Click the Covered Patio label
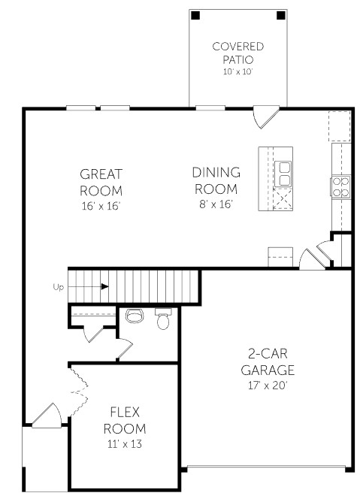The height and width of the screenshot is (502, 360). click(x=237, y=52)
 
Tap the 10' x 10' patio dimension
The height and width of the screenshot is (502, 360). click(x=237, y=71)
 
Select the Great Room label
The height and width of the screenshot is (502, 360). click(x=101, y=182)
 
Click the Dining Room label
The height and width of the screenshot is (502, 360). click(x=216, y=180)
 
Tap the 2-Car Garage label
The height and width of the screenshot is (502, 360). click(x=268, y=362)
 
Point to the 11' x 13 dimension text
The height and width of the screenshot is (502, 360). click(x=124, y=443)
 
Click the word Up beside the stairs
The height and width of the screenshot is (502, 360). click(x=58, y=286)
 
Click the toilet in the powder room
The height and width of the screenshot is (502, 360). click(x=163, y=320)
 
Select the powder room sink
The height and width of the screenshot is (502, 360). click(x=135, y=316)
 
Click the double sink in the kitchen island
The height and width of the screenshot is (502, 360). click(x=284, y=174)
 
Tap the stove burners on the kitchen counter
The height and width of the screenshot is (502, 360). click(x=340, y=186)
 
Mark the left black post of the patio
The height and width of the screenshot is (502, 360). click(x=195, y=15)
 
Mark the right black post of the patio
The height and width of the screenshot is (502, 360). click(x=280, y=15)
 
